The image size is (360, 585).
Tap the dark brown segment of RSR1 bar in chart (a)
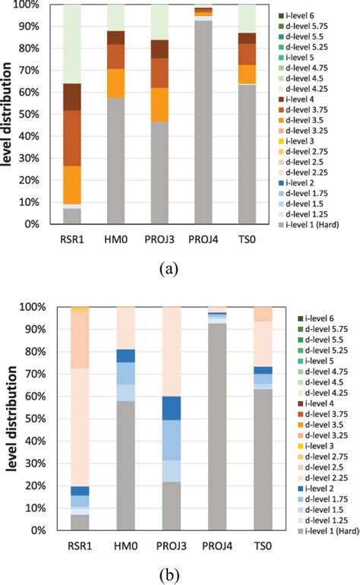(72, 96)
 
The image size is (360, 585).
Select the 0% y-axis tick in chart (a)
(33, 224)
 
